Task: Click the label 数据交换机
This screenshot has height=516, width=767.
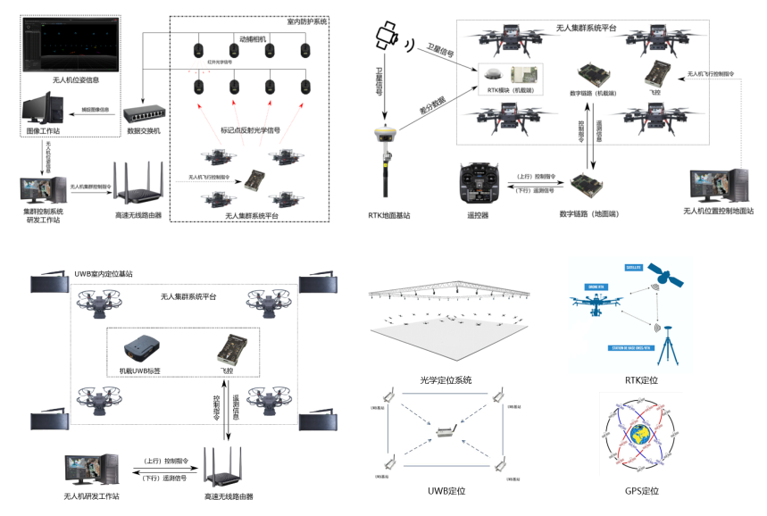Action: [x=144, y=132]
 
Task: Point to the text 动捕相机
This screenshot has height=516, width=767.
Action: [x=254, y=39]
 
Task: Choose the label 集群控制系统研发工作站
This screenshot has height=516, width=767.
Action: [x=43, y=216]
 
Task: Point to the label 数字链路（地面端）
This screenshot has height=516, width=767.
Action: [x=590, y=214]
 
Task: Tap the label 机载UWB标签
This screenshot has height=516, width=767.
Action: [x=143, y=370]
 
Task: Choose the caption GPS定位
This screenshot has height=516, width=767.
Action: [x=642, y=491]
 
